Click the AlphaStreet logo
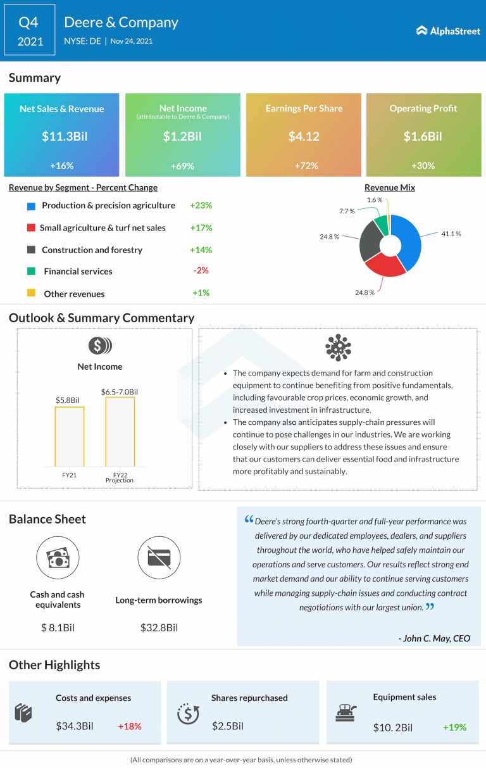click(448, 30)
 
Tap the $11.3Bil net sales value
click(61, 136)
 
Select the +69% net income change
click(182, 166)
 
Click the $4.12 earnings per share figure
click(303, 136)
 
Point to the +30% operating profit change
click(423, 166)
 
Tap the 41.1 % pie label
click(451, 234)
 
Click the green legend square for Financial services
click(31, 271)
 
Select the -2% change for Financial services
click(201, 270)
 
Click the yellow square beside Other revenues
click(31, 293)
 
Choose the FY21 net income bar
click(70, 436)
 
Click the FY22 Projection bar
click(120, 432)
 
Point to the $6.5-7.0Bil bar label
click(119, 392)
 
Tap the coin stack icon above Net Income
click(100, 346)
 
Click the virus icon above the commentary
click(338, 348)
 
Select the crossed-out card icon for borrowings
click(159, 557)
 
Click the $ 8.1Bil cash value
click(57, 627)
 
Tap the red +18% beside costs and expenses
click(130, 726)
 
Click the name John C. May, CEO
click(435, 638)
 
